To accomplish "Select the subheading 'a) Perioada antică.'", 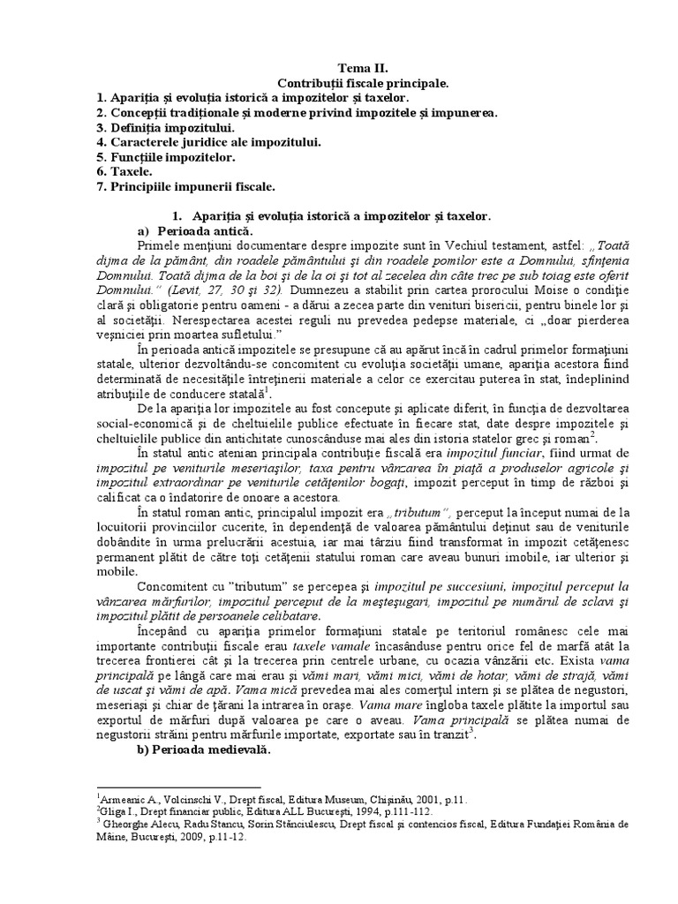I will [186, 230].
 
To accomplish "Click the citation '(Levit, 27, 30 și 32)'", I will [232, 289].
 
